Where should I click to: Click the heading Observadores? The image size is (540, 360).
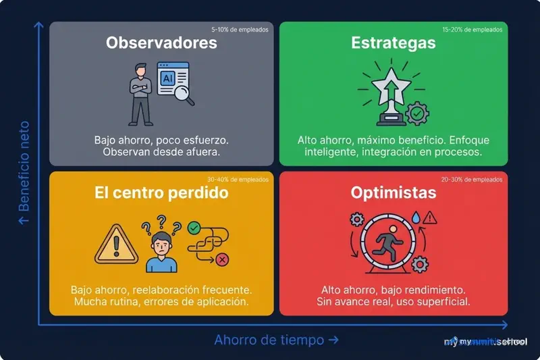tap(161, 43)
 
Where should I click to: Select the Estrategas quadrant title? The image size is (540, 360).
tap(394, 43)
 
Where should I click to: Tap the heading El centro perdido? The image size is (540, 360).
tap(161, 193)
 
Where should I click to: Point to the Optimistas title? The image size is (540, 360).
tap(394, 193)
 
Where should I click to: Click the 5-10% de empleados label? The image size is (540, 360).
tap(240, 30)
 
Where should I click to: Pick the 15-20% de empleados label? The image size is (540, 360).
tap(473, 30)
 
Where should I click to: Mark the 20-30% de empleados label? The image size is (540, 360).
tap(472, 180)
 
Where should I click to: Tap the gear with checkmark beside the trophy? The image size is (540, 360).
tap(416, 113)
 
